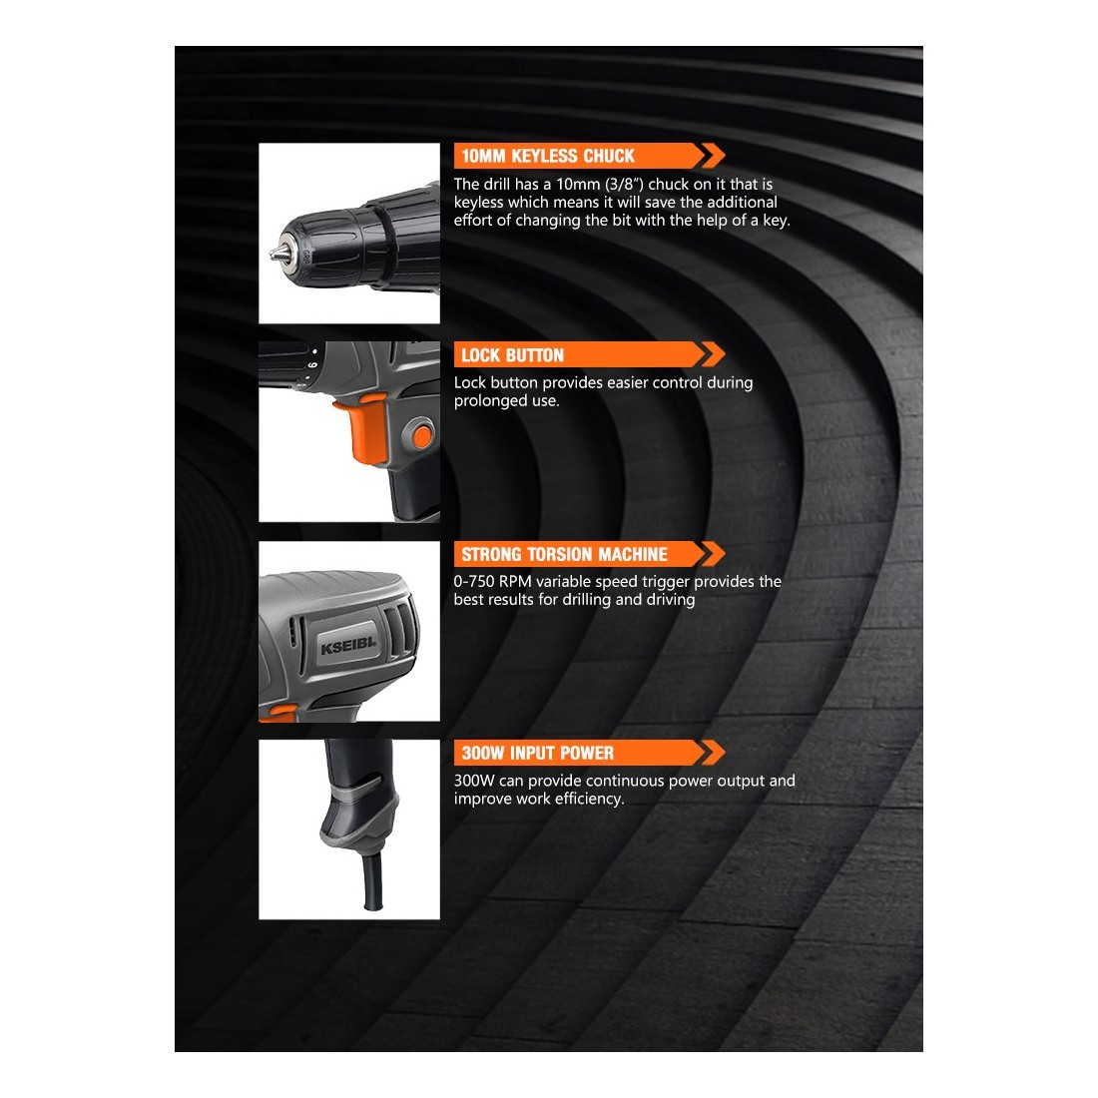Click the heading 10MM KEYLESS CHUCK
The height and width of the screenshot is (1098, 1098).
tap(548, 156)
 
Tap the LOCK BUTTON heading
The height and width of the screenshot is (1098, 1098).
tap(512, 355)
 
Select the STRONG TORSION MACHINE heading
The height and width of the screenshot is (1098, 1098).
tap(564, 554)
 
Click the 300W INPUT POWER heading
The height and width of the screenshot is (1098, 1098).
tap(537, 753)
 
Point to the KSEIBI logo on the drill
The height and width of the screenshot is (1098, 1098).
tap(348, 645)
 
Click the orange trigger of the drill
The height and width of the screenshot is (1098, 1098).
tap(362, 428)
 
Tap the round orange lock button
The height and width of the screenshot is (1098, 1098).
tap(422, 436)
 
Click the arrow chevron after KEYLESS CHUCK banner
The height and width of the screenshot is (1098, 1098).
tap(713, 156)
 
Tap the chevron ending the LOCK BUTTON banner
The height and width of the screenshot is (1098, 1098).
tap(713, 355)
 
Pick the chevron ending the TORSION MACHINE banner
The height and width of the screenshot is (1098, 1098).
tap(713, 554)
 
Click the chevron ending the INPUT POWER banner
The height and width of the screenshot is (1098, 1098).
tap(713, 753)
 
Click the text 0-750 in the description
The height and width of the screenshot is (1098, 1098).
tap(473, 581)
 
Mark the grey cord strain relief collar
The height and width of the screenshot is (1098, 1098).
tap(358, 813)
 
